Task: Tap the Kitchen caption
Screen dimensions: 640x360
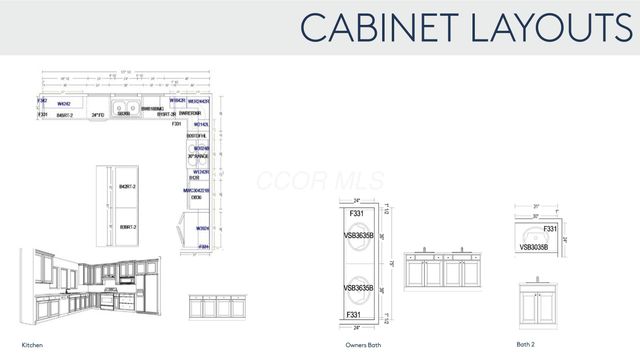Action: [33, 344]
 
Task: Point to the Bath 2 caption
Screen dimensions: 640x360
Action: [526, 344]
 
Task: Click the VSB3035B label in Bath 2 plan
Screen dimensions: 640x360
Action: [538, 245]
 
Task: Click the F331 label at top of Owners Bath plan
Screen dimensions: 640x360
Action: [356, 214]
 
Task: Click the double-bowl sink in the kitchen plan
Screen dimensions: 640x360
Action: [125, 110]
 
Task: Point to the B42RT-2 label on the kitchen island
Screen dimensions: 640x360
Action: [126, 187]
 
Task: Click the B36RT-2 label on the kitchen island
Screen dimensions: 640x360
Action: [126, 228]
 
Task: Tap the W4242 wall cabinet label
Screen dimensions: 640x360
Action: [63, 102]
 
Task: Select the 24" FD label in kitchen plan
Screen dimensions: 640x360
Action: [98, 116]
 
